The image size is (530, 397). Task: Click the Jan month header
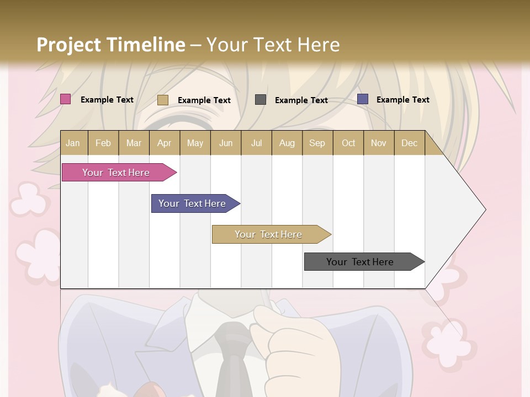pos(73,143)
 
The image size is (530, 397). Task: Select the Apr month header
pos(164,143)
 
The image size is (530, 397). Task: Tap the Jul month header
pos(256,143)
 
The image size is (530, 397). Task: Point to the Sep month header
pos(317,143)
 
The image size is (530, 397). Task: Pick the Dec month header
pos(409,143)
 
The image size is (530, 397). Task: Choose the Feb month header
pos(103,143)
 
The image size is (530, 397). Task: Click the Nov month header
pos(378,143)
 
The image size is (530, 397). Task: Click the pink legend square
pos(65,99)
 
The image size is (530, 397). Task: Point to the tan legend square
pos(162,100)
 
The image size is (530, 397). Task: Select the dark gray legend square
pos(260,100)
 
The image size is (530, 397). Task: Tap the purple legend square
pos(362,99)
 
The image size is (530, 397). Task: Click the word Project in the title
pos(68,45)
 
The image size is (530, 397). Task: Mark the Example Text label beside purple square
pos(402,100)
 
